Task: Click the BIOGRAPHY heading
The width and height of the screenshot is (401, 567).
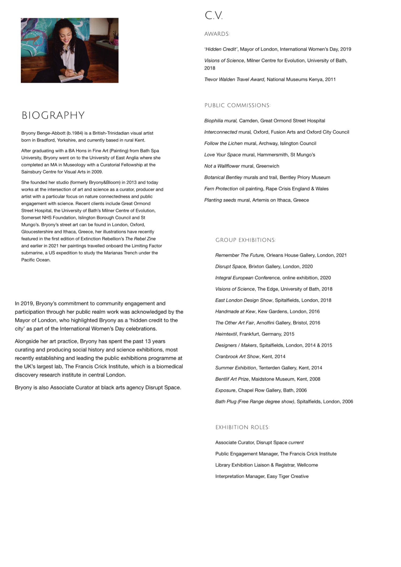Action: click(53, 115)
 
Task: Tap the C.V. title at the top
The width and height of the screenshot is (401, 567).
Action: click(214, 15)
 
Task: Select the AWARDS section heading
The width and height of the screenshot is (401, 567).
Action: click(217, 34)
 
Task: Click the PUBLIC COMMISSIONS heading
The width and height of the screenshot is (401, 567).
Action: click(237, 105)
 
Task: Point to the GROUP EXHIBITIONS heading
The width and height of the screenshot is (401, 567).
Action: click(245, 240)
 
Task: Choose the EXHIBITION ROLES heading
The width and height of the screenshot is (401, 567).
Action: click(242, 427)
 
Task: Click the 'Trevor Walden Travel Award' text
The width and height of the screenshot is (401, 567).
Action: click(234, 79)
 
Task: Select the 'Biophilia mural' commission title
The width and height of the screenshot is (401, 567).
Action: click(221, 121)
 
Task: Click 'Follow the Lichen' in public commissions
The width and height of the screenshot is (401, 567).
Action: click(223, 143)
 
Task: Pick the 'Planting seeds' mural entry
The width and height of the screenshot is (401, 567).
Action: click(220, 200)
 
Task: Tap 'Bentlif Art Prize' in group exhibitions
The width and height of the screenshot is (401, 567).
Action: click(232, 379)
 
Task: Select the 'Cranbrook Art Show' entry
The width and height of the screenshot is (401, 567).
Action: click(237, 356)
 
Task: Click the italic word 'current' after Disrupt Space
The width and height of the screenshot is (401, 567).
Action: click(296, 442)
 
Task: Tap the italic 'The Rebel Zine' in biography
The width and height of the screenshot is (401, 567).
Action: click(140, 239)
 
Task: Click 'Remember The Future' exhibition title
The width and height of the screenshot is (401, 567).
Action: click(240, 255)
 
